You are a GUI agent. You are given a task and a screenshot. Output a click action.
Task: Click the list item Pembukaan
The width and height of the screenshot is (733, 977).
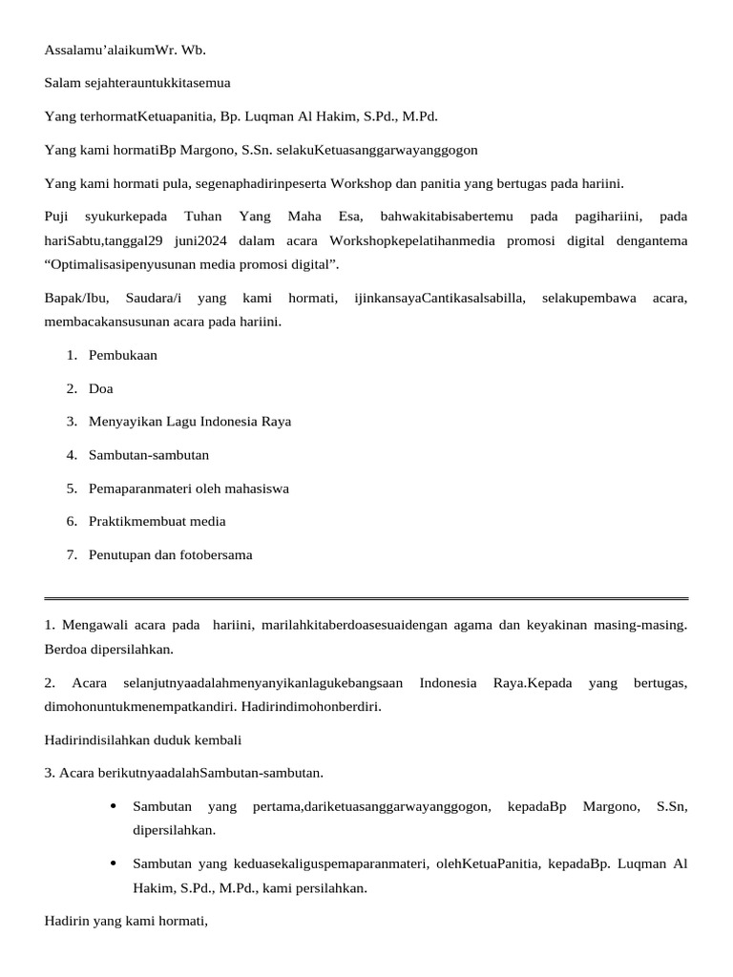123,355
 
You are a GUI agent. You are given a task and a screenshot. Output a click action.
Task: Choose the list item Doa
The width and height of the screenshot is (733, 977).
101,388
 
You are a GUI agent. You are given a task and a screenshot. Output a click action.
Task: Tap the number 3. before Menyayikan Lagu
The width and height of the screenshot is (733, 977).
72,422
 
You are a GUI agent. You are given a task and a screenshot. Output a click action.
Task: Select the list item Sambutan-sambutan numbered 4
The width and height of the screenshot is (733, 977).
149,455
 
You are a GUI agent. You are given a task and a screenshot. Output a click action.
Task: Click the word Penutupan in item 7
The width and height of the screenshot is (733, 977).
120,554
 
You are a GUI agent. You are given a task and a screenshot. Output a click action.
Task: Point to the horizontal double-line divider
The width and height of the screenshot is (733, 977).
366,599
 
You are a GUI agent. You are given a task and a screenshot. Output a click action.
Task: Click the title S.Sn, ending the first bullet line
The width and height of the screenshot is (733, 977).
672,807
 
